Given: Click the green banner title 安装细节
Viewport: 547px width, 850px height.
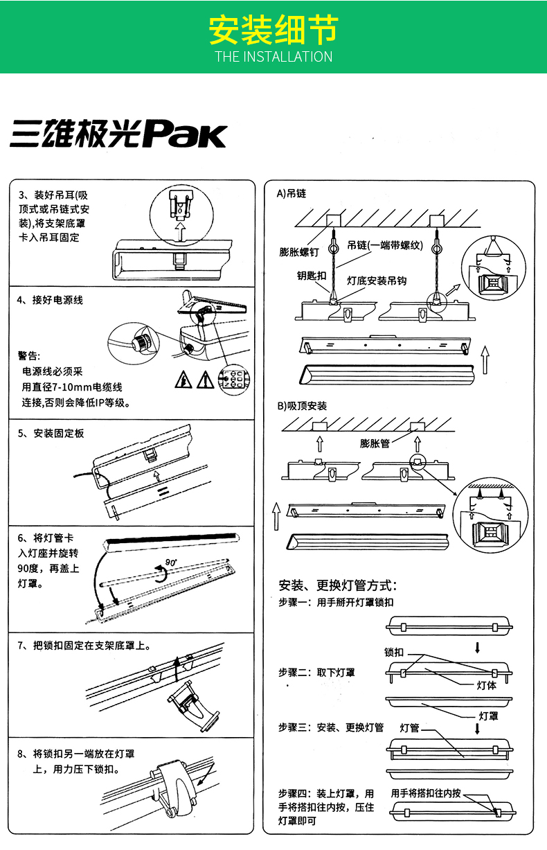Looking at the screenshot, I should [273, 30].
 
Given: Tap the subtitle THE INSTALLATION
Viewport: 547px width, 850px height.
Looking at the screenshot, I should [273, 57].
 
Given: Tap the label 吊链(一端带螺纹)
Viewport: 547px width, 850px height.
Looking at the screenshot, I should [385, 245].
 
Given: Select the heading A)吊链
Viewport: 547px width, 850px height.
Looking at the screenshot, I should [292, 193].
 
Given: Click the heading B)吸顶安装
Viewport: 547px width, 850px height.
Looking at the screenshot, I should [302, 406].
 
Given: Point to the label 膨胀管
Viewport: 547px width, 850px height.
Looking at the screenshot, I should [375, 443].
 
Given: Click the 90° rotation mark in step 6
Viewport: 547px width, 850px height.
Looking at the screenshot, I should [171, 562].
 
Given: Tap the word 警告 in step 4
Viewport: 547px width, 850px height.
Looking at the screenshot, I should [30, 356].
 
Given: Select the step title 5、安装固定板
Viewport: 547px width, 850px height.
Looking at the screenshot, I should [51, 434].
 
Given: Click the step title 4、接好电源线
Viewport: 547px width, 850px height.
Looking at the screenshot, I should [50, 301].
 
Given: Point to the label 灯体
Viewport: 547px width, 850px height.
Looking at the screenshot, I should [487, 685].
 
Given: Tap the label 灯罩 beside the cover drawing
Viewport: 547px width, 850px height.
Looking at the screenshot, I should [489, 716].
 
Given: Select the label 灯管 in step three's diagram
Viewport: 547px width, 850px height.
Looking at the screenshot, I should [410, 727].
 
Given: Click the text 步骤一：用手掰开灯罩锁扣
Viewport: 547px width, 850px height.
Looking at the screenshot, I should [336, 603].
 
